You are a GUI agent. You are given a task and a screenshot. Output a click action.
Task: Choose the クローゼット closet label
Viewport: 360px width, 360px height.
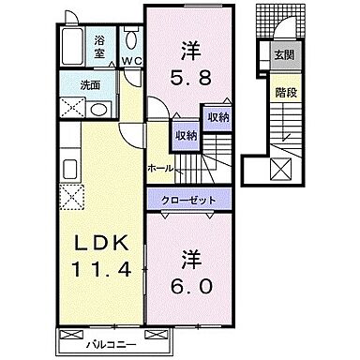tap(187, 200)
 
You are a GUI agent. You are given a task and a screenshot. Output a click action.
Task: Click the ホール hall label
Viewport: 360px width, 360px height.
tap(159, 168)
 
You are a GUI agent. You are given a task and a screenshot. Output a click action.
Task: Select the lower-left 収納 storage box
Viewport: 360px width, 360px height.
tap(187, 135)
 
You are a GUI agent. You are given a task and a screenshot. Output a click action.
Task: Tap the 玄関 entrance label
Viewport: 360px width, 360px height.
tap(282, 53)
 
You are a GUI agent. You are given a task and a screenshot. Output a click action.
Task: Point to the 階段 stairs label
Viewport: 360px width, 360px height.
tap(282, 92)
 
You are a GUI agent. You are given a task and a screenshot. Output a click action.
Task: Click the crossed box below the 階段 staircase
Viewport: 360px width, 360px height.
tap(280, 170)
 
